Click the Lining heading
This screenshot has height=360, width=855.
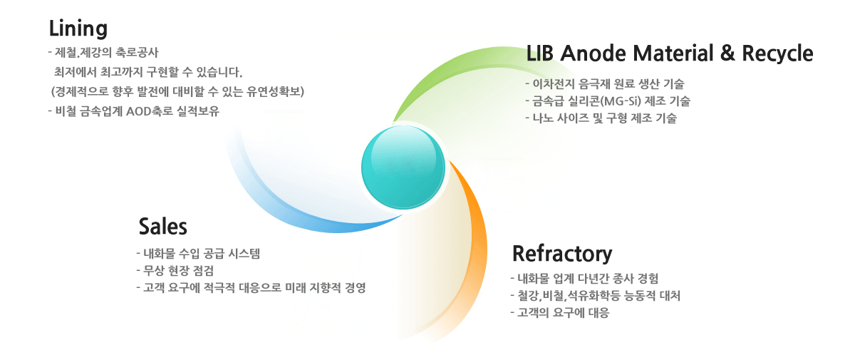coord(78,29)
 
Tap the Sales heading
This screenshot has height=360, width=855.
coord(163,227)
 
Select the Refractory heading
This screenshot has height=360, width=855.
coord(562,254)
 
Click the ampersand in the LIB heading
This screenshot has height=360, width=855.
coord(727,53)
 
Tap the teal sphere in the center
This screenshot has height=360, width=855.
coord(403,168)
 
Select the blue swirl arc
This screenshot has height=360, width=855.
coord(290,214)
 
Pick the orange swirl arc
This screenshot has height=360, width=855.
coord(480,229)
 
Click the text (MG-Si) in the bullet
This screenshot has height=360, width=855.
coord(621,101)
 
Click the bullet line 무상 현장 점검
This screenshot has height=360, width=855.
coord(175,271)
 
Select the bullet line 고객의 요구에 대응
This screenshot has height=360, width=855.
coord(559,313)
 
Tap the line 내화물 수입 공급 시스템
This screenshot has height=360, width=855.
coord(198,254)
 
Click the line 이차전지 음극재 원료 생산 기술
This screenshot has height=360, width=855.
coord(605,84)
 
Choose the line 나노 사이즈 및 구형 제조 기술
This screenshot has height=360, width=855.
coord(601,118)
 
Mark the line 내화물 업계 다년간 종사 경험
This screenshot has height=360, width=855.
coord(584,278)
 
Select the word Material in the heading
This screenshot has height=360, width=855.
coord(673,53)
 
